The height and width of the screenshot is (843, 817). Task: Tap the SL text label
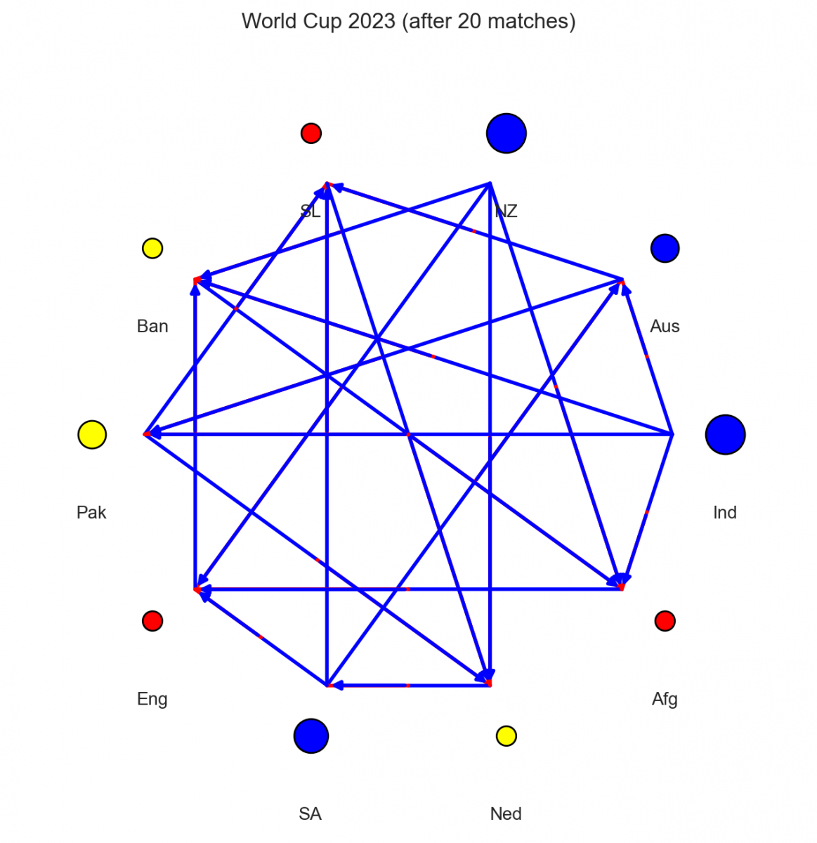pos(311,211)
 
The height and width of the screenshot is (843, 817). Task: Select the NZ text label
pos(506,211)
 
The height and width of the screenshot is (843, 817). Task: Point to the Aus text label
pos(665,326)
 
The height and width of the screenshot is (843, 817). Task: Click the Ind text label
pos(725,512)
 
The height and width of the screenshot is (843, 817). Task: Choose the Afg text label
pos(665,699)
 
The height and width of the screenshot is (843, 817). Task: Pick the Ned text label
pos(506,814)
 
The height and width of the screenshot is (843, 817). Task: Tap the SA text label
pos(311,814)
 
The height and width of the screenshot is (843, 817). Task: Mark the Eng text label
pos(152,699)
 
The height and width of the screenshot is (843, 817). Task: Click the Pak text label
pos(91,512)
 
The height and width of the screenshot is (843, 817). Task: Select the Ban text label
pos(152,326)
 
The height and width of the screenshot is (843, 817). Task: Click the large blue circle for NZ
pos(506,133)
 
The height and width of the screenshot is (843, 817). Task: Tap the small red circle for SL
pos(311,133)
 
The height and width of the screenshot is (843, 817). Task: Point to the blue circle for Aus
pos(665,248)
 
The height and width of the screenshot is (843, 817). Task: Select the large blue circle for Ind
pos(725,434)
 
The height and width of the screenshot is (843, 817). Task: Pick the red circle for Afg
pos(665,621)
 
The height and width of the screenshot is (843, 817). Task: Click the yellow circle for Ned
pos(506,736)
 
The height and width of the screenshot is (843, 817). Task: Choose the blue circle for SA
pos(311,736)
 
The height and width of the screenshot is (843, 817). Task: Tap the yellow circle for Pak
pos(92,434)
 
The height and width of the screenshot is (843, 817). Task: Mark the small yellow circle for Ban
pos(152,248)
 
